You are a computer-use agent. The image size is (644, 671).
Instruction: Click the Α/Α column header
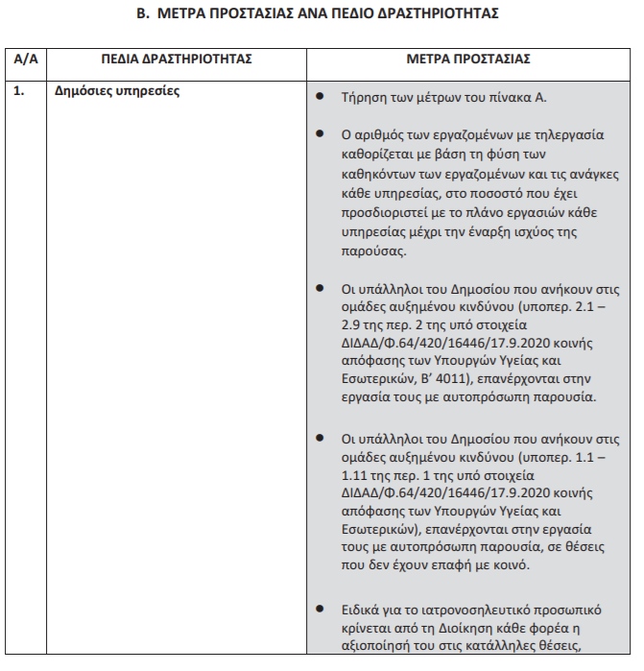click(27, 60)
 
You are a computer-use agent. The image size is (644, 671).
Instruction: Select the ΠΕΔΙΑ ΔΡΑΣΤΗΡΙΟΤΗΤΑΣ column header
click(177, 60)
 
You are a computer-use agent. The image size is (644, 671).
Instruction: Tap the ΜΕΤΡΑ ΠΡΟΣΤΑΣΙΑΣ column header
click(468, 60)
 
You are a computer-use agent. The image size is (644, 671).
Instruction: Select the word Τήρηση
click(362, 98)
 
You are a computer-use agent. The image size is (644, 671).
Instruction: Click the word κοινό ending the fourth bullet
click(509, 565)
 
